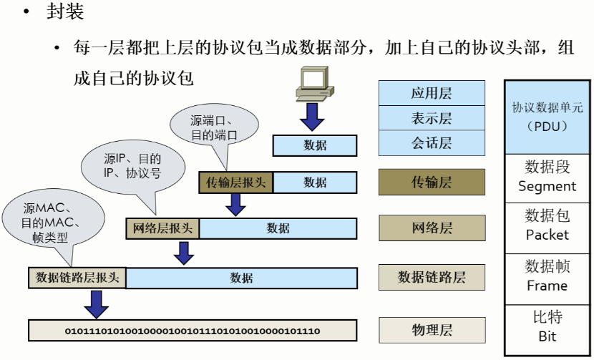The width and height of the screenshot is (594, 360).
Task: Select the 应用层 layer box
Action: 431,93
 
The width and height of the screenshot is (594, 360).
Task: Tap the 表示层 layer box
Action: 431,117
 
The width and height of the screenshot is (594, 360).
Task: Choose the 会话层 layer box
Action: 431,142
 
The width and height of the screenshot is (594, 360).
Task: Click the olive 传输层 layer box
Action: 431,183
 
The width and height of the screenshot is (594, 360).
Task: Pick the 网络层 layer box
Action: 431,228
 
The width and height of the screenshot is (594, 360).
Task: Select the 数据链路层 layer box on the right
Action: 431,277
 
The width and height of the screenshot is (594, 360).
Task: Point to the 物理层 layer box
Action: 431,330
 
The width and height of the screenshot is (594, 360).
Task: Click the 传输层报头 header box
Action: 235,183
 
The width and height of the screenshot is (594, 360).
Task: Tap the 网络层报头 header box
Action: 162,228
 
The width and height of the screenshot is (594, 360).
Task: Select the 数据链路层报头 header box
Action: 77,278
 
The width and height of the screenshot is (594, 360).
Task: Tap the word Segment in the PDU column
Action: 547,186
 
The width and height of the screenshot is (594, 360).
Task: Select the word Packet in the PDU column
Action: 547,235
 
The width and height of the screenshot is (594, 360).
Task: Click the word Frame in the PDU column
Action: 547,286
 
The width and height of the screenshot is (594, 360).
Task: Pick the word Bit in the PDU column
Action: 547,336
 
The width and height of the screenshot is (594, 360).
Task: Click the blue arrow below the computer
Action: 311,117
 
